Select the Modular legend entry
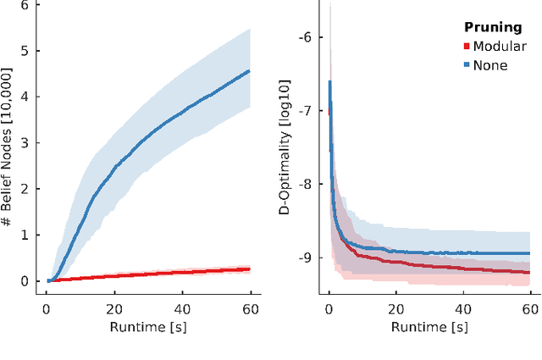click(x=500, y=47)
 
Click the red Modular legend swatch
click(x=465, y=47)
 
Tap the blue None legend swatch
click(x=465, y=65)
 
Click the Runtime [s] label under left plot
click(x=149, y=327)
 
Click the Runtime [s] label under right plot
click(x=429, y=327)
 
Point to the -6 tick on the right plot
click(x=306, y=37)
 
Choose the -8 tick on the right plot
click(x=306, y=184)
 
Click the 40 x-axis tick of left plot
click(x=183, y=308)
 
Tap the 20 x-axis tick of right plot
click(x=396, y=308)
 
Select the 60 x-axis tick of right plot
click(x=530, y=308)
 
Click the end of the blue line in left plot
click(x=249, y=71)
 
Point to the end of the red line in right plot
click(x=530, y=272)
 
